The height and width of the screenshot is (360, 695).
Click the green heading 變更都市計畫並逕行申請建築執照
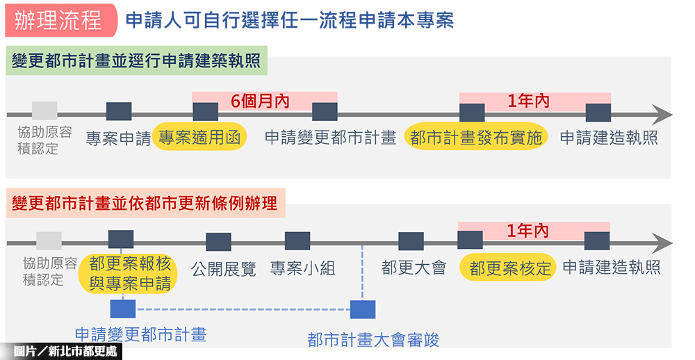[136, 60]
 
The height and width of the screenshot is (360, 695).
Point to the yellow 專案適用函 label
[199, 138]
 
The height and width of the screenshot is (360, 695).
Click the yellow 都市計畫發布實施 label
[475, 138]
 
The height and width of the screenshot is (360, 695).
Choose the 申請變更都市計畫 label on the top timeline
[330, 138]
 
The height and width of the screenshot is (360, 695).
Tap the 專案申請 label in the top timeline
[118, 138]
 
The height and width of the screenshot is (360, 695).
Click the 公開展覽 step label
[224, 268]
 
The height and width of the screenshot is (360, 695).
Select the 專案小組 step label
[302, 268]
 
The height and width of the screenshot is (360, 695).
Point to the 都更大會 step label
[414, 268]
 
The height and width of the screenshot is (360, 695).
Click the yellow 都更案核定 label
[510, 268]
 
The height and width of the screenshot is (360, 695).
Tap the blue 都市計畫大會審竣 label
[373, 339]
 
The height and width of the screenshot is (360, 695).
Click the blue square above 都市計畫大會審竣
[363, 309]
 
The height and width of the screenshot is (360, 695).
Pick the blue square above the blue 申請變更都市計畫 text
[123, 309]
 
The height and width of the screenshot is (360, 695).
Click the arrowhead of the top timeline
[663, 113]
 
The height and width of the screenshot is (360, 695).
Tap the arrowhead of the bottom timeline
[663, 243]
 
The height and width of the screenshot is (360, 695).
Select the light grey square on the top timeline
[44, 111]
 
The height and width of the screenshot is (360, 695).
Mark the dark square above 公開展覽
[218, 242]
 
